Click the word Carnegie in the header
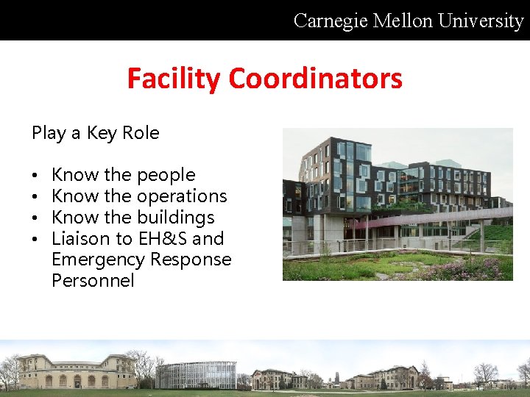pos(331,21)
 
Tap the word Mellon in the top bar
pos(404,21)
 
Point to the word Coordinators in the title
pos(317,78)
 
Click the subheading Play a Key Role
pos(95,133)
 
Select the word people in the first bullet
pos(166,176)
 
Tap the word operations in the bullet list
pos(181,196)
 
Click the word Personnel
pos(93,281)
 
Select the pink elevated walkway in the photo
pos(434,218)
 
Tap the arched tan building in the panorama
pos(77,371)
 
